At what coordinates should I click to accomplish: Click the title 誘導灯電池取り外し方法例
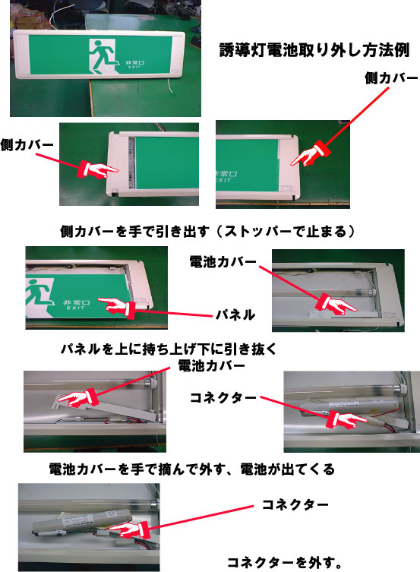point(314,50)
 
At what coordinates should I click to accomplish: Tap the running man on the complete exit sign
point(103,56)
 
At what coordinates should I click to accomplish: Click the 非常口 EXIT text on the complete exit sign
point(135,65)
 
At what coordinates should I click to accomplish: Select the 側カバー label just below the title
point(391,77)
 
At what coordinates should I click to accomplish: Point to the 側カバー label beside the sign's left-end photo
point(27,145)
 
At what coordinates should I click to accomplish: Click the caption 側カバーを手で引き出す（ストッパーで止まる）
point(207,231)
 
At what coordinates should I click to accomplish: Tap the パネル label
point(235,314)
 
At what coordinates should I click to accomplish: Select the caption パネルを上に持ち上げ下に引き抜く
point(168,349)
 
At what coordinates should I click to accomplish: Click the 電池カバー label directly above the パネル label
point(223,261)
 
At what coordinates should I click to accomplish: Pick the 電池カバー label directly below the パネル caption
point(211,365)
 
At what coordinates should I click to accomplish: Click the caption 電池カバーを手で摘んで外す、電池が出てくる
point(191,469)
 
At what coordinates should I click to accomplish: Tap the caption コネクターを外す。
point(285,562)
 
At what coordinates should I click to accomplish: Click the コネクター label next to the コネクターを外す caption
point(295,504)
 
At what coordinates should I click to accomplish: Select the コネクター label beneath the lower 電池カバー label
point(223,397)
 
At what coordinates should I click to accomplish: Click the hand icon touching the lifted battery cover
point(77,398)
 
